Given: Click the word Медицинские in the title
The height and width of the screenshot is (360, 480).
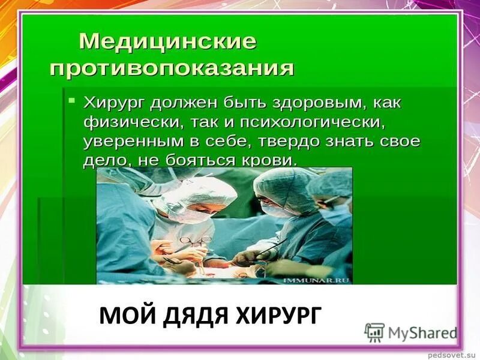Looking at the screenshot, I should click(168, 42).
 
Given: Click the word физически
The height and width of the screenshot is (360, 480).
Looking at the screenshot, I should click(124, 122).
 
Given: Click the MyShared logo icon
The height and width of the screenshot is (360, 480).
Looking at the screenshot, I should click(375, 332).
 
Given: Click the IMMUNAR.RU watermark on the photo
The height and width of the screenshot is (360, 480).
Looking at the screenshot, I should click(323, 279).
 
